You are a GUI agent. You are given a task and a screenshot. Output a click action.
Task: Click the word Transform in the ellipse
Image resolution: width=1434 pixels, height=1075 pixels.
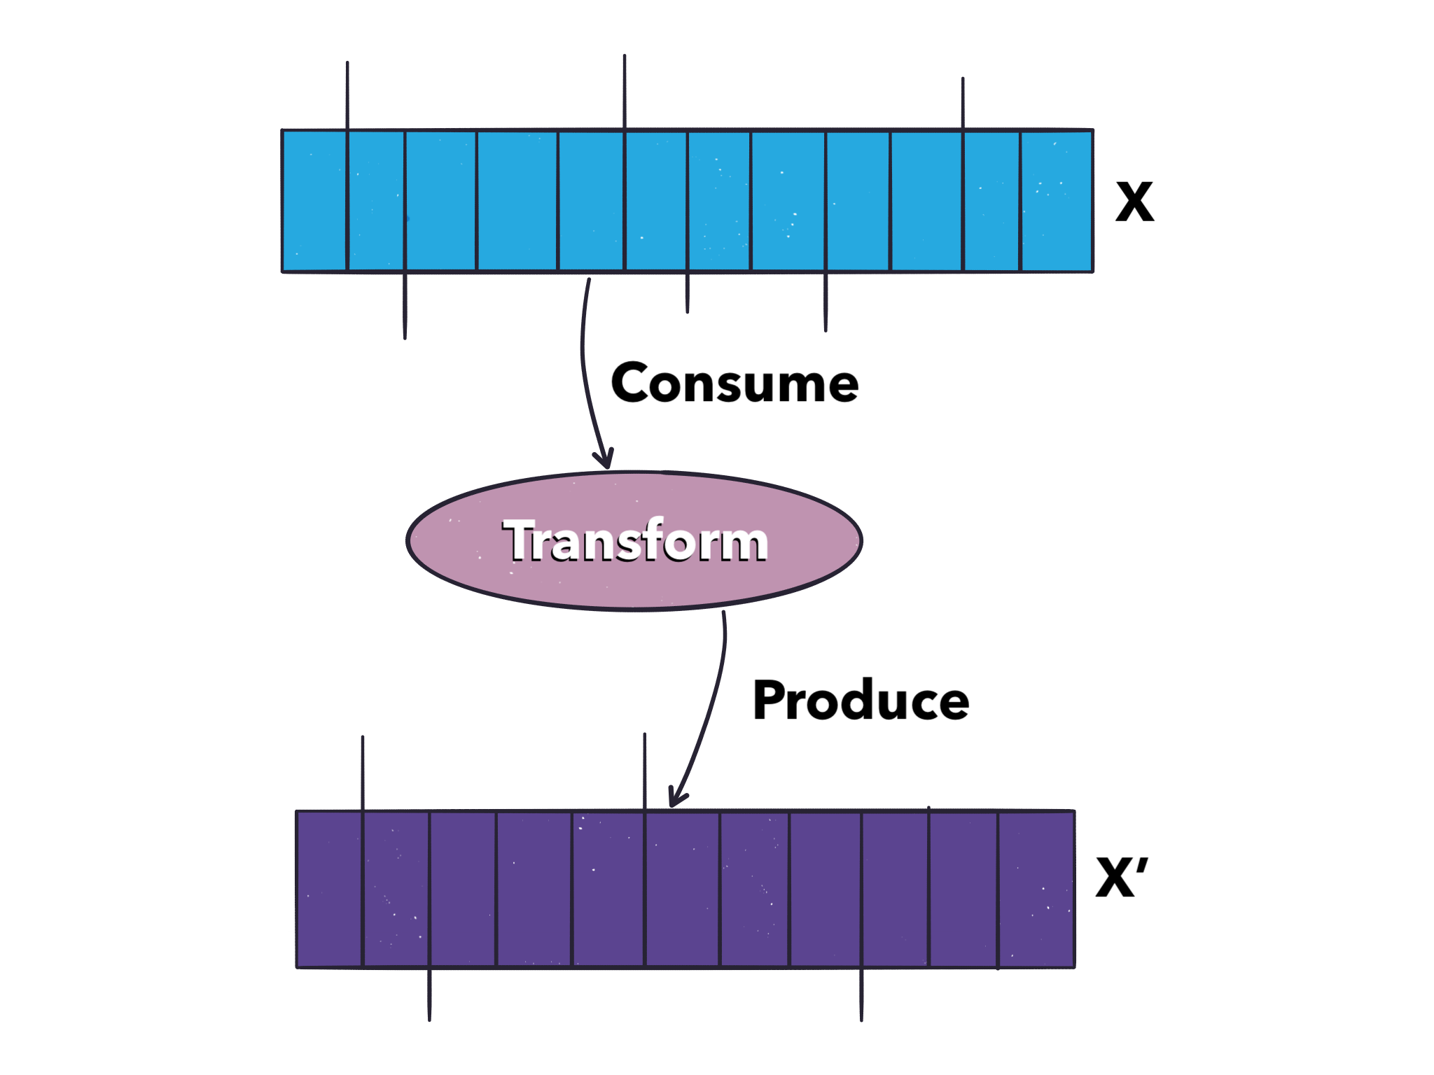point(635,541)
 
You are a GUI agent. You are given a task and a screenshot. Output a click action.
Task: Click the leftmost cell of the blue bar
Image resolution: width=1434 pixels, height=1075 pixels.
point(314,200)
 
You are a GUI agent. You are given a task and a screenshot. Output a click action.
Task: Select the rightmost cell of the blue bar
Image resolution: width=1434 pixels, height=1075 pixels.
point(1056,200)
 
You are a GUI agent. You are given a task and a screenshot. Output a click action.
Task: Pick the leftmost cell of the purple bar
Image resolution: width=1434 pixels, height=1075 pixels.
point(329,889)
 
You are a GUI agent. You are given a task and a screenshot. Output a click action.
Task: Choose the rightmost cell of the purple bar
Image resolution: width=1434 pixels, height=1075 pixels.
point(1036,889)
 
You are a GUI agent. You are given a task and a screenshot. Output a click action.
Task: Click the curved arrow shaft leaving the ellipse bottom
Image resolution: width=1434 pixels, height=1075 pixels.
point(715,700)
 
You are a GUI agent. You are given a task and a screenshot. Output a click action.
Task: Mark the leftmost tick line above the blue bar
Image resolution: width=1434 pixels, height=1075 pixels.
point(347,94)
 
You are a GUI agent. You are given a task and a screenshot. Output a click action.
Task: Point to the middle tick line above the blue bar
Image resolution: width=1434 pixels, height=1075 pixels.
point(625,91)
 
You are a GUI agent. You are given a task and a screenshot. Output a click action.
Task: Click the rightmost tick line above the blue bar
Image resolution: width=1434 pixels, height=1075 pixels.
point(963,103)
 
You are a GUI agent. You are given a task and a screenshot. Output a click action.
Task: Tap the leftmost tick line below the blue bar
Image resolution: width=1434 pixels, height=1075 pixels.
point(405,306)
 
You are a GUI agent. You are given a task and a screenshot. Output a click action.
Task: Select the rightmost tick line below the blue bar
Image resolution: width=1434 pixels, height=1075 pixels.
point(826,302)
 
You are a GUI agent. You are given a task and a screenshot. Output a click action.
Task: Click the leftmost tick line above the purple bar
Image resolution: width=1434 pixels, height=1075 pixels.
point(363,773)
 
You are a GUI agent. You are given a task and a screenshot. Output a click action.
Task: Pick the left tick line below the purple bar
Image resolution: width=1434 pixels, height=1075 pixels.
point(429,995)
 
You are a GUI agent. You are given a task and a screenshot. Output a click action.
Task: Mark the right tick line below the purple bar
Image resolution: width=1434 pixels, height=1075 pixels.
point(861,995)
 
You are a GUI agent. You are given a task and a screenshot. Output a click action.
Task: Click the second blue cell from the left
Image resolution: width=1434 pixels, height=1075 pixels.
point(376,200)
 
